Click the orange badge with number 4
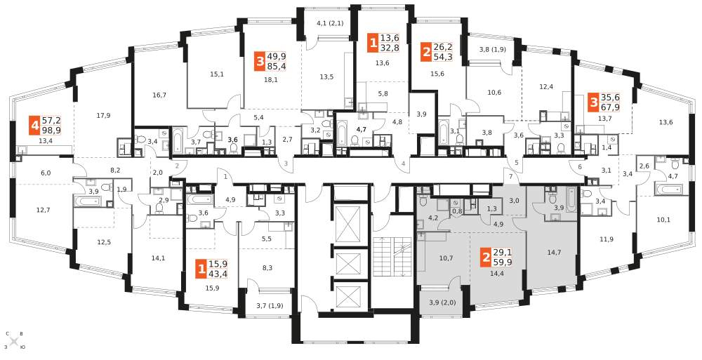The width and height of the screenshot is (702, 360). [x=34, y=126]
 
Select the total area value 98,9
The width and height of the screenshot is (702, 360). [x=51, y=131]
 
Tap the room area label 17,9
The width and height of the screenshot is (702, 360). [x=103, y=116]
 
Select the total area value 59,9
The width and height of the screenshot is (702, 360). [x=503, y=262]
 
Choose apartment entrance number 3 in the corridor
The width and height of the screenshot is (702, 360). [x=286, y=164]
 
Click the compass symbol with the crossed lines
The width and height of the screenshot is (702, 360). [x=14, y=341]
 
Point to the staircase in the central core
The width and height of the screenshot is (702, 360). [x=390, y=258]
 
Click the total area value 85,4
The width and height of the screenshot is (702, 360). [x=277, y=67]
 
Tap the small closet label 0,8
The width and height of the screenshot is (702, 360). [x=457, y=211]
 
